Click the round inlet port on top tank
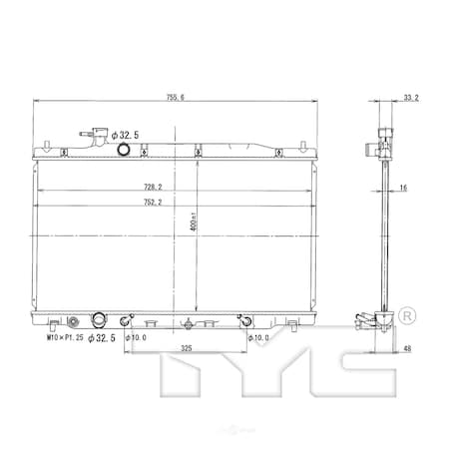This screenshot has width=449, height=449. click(x=124, y=150)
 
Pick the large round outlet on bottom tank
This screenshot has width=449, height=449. click(x=98, y=321)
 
